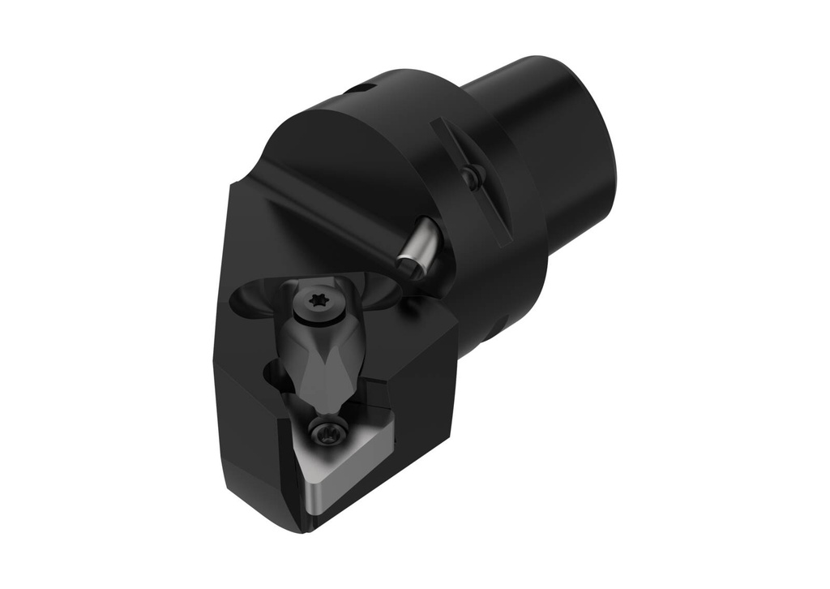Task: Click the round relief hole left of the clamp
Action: tap(272, 375)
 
